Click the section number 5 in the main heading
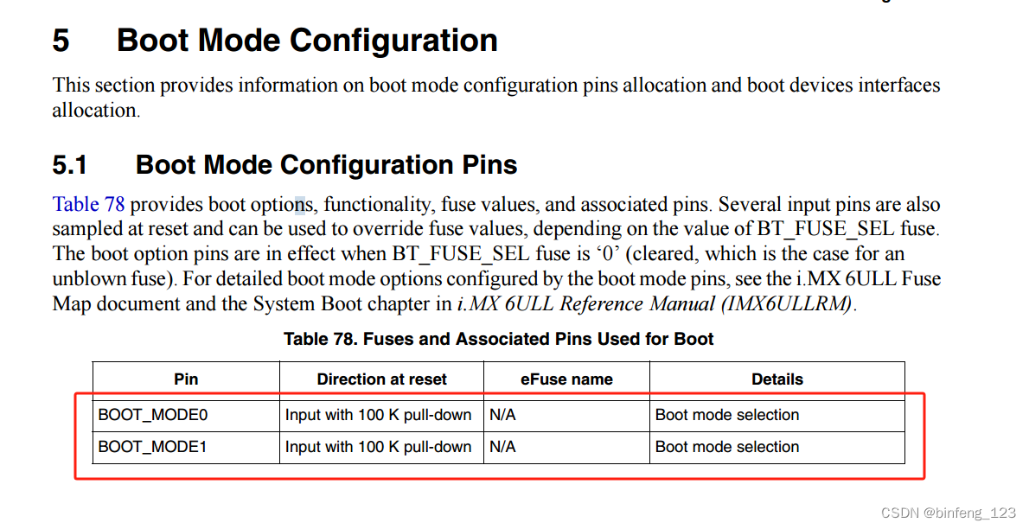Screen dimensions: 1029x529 pos(61,41)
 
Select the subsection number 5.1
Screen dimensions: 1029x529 pos(70,164)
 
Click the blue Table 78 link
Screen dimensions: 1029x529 pos(88,205)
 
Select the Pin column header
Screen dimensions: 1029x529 pos(186,379)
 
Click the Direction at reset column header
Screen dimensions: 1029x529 pos(381,379)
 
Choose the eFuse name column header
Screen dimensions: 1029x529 pos(566,379)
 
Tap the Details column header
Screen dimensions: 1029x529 pos(777,379)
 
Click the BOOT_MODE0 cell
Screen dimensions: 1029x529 pos(153,415)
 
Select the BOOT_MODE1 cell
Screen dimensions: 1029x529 pos(153,447)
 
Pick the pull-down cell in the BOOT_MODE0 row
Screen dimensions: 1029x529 pos(378,415)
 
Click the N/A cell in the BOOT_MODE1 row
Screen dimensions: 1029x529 pos(502,447)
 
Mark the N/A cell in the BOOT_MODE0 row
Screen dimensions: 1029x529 pos(502,415)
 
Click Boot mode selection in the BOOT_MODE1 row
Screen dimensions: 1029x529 pos(727,447)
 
